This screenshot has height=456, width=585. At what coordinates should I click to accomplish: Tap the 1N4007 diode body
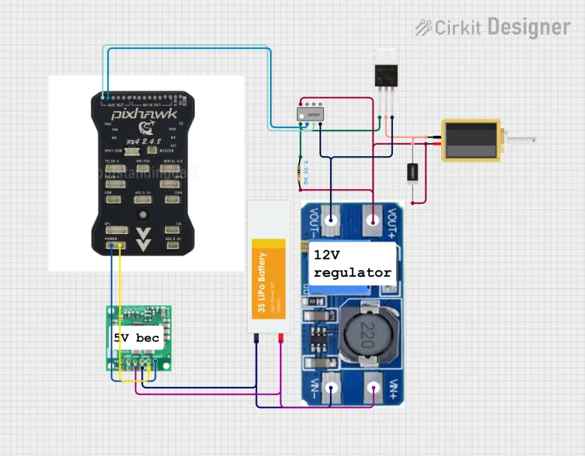coord(412,174)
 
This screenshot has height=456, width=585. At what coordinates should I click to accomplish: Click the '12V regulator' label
coord(352,263)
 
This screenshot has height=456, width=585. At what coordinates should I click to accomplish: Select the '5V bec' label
coord(136,338)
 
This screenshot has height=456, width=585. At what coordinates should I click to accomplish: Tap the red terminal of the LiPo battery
coord(280,339)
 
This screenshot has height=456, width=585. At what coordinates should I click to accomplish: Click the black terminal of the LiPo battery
coord(257,339)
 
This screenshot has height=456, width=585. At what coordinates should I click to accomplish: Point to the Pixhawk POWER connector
coord(115,244)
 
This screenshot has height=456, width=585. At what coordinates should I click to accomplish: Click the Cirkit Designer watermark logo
coord(493,28)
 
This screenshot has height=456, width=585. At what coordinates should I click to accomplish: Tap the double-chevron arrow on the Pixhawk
coord(145,238)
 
